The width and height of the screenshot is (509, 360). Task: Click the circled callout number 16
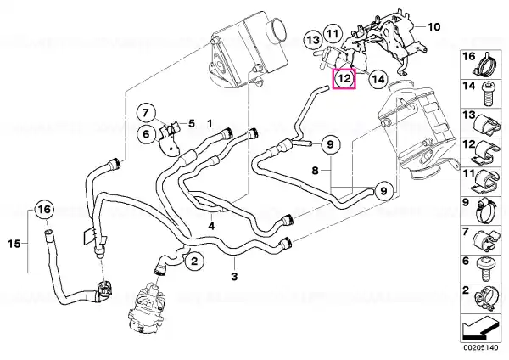click(45, 210)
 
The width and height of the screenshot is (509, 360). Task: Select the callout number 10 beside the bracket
click(434, 26)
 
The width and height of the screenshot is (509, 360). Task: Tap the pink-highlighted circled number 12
click(344, 79)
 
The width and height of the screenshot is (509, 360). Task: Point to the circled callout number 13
click(313, 40)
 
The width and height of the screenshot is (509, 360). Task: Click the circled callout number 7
click(146, 113)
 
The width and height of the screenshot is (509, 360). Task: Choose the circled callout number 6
click(146, 134)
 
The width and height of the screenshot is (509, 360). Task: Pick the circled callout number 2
click(194, 261)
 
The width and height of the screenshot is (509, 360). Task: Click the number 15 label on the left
click(14, 244)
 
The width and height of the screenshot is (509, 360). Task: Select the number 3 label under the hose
click(234, 277)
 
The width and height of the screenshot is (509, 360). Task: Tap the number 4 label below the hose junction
click(211, 226)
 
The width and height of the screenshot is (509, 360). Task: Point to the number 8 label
click(316, 170)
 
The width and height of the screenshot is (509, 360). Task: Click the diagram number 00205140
click(480, 347)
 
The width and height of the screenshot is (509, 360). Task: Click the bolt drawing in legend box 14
click(489, 94)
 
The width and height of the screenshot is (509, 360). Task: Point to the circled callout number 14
click(378, 79)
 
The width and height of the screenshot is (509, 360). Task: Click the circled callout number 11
click(333, 33)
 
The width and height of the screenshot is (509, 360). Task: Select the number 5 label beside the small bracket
click(192, 123)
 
